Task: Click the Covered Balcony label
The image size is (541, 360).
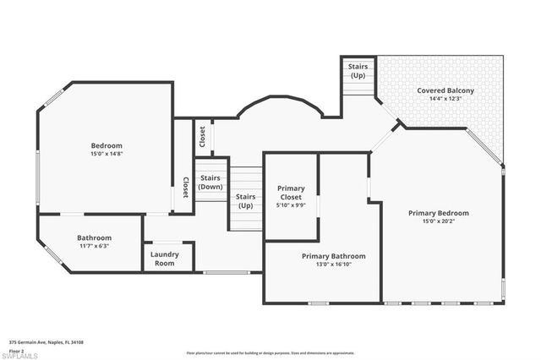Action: point(445,90)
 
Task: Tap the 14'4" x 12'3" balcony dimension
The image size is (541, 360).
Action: point(445,99)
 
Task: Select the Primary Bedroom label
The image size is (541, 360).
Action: point(438,213)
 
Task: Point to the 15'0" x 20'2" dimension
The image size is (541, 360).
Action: point(438,221)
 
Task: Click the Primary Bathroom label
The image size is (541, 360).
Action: point(334,255)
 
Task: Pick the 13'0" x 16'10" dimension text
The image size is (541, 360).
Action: point(334,264)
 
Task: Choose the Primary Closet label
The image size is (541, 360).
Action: point(291,192)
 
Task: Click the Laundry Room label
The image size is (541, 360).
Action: point(163,259)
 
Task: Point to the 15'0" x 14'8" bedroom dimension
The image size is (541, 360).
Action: point(107,154)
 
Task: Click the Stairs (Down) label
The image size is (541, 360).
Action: point(210,182)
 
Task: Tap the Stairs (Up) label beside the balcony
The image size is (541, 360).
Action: point(358,69)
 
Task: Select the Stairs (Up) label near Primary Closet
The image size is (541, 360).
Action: point(245,201)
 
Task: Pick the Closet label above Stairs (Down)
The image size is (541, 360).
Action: point(202,136)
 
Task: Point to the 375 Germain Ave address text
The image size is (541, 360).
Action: point(46,342)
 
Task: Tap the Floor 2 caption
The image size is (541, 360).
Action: point(17,350)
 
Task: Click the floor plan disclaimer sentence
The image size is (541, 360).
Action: point(270,352)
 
